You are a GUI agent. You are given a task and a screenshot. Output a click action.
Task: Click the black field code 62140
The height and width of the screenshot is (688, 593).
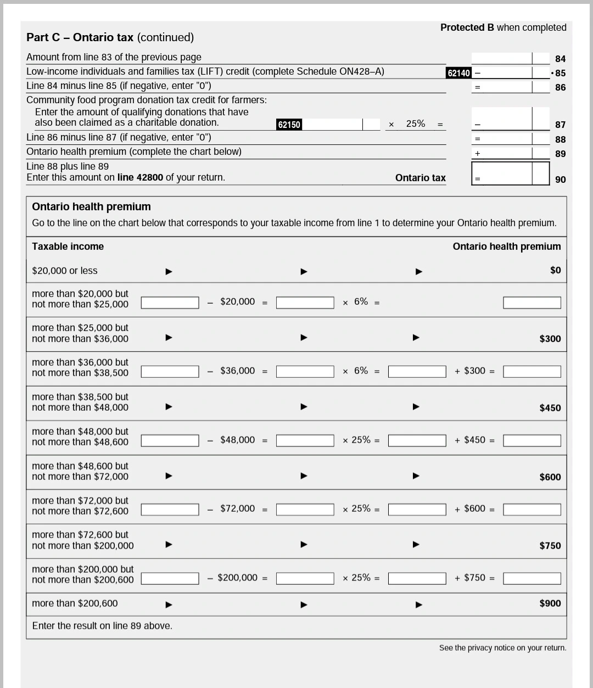458,73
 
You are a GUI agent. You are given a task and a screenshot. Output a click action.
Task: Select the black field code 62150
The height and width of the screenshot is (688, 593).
289,125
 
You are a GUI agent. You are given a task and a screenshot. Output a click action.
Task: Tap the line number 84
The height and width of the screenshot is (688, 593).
560,59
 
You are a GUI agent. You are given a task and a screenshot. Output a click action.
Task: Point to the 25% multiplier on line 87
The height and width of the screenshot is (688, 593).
415,124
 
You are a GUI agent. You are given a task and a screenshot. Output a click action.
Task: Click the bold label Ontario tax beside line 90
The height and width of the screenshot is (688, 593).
420,178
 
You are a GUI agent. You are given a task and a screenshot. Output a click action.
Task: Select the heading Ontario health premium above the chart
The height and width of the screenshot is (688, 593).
91,207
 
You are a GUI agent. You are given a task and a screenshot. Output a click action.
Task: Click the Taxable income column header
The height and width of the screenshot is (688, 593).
68,247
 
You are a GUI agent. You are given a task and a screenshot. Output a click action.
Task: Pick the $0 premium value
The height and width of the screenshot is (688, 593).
555,270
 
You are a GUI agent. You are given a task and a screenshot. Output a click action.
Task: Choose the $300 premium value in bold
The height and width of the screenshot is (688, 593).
550,339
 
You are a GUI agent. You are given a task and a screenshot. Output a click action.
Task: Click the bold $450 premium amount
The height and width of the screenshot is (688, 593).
550,408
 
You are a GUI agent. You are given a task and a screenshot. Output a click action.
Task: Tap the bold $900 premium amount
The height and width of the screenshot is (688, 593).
550,603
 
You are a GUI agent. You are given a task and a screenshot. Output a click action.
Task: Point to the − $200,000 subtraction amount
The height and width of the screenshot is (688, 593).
233,578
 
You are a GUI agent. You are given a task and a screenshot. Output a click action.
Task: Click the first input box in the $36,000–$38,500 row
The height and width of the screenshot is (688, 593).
170,372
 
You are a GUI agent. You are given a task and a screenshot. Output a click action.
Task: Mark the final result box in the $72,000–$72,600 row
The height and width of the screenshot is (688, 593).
532,510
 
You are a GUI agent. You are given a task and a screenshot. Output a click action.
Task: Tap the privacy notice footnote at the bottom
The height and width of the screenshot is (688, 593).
502,648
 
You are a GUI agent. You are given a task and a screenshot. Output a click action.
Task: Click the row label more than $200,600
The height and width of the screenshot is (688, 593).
75,603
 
